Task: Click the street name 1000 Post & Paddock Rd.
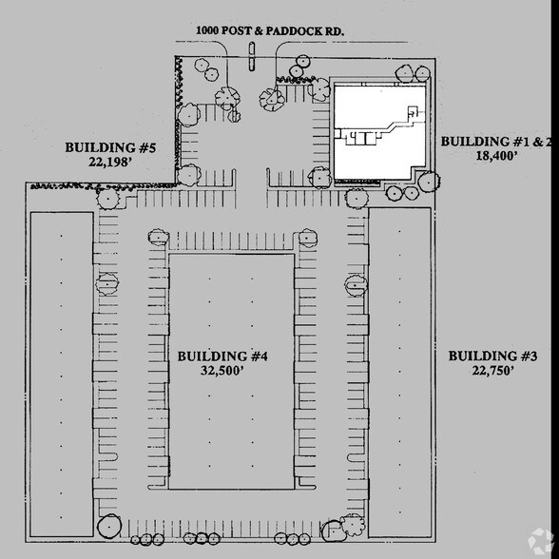tap(270, 30)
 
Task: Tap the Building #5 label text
tap(109, 147)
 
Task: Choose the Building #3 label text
tap(493, 356)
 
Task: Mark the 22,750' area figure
tap(493, 371)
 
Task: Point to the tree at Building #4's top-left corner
tap(155, 237)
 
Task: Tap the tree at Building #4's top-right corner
tap(305, 238)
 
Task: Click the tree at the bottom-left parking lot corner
tap(108, 524)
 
